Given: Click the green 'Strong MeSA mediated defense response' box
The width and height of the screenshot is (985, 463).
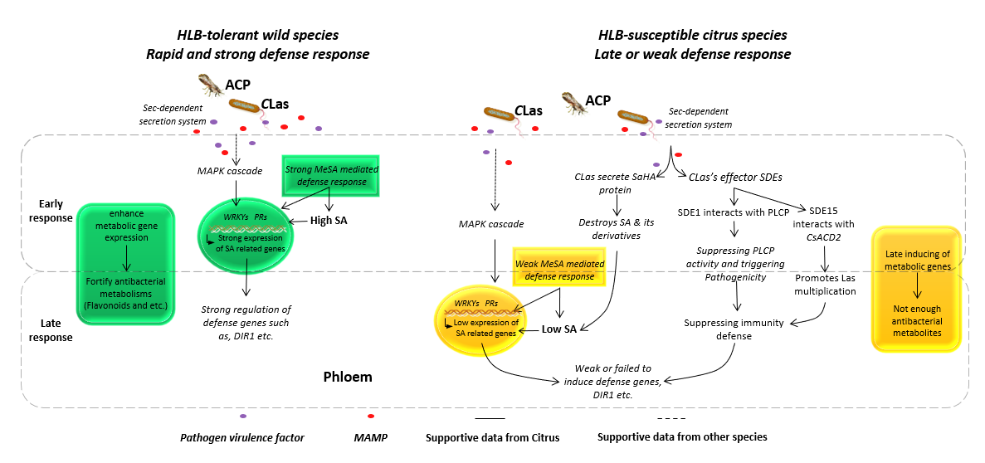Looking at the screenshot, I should [331, 175].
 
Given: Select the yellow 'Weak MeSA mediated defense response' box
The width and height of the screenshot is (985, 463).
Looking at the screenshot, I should [555, 270].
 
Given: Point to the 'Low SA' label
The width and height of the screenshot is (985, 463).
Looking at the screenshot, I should [559, 329].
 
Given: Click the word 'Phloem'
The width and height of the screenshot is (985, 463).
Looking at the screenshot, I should [348, 378].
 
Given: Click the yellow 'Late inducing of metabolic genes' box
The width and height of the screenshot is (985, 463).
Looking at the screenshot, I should [917, 287].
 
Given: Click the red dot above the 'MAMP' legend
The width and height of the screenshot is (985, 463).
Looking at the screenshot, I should [371, 416].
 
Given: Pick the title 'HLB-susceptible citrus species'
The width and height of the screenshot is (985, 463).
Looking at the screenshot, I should [692, 35].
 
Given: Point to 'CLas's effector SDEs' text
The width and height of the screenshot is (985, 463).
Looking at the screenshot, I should [729, 176].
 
